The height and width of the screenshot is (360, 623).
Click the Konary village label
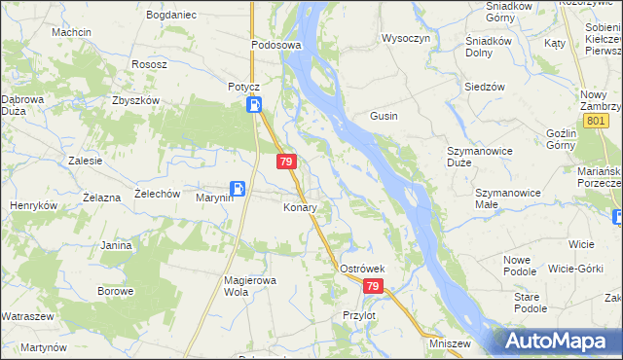click(300, 207)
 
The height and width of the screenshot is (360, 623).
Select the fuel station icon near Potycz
click(253, 105)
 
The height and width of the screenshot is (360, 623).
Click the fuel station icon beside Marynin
click(238, 189)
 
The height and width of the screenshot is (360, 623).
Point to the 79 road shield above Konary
click(285, 162)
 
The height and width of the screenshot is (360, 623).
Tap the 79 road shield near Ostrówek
click(374, 286)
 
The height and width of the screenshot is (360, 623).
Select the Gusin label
click(383, 116)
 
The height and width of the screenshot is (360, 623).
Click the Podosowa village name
click(276, 45)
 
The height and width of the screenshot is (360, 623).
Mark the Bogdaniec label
click(171, 16)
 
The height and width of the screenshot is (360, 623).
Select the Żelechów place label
click(158, 194)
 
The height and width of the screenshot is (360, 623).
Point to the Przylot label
click(359, 315)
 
